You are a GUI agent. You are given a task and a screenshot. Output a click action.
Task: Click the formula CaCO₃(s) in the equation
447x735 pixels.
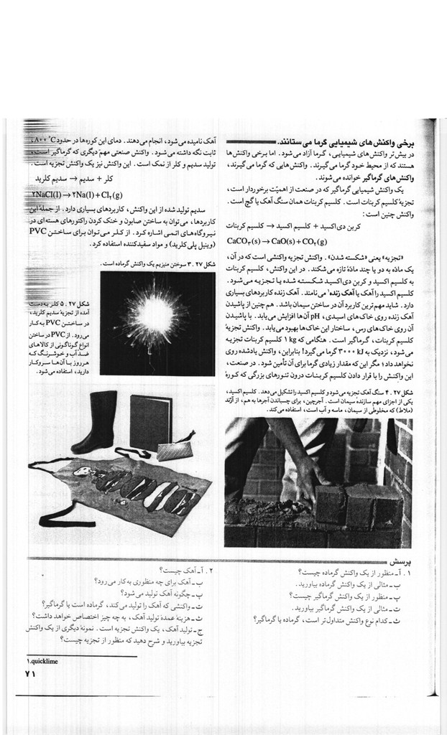tap(247, 241)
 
